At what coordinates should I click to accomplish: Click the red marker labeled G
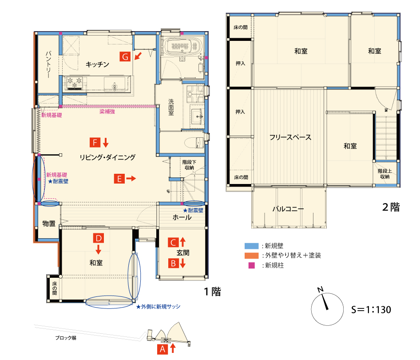125,56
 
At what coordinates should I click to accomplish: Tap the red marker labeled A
162,349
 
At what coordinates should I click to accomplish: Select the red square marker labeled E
119,179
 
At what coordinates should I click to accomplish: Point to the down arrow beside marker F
106,142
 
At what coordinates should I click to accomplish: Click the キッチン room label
98,64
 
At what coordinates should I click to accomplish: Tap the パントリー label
48,64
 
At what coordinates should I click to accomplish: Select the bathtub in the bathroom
182,46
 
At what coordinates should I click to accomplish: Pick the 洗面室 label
171,107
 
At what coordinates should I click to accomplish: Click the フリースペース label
290,137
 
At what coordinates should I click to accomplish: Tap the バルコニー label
288,209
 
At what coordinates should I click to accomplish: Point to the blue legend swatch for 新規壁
252,246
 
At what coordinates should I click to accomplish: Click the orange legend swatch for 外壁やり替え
252,256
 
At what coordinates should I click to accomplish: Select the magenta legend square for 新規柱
252,265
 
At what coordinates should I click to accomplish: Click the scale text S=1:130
371,310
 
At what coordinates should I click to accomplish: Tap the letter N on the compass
321,289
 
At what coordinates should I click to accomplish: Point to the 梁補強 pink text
107,112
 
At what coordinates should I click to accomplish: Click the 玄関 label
183,252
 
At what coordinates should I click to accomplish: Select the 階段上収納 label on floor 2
385,174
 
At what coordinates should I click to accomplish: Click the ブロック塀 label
66,338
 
